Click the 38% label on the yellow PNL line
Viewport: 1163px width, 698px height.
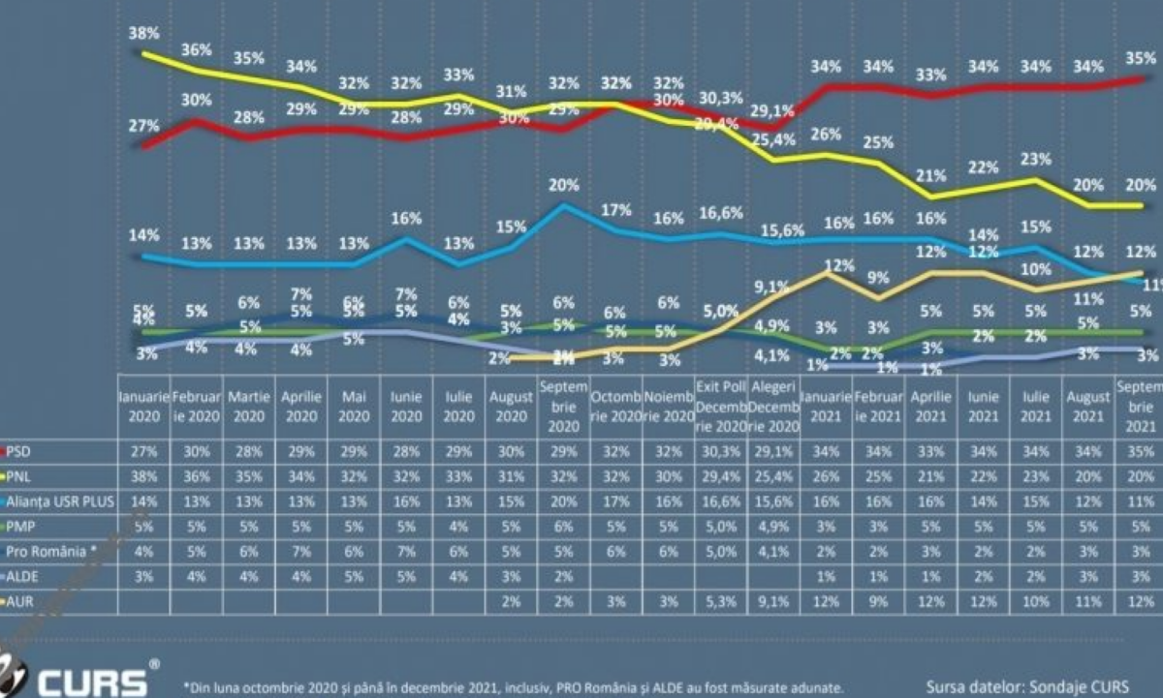coord(144,32)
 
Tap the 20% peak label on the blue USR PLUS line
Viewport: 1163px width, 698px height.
coord(563,186)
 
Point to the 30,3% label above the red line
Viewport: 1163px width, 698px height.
coord(719,98)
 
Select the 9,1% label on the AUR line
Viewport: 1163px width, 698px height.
coord(771,287)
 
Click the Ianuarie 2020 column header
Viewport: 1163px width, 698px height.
coord(144,406)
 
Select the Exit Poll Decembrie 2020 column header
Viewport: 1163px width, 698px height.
coord(719,406)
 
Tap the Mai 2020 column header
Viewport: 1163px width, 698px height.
coord(354,406)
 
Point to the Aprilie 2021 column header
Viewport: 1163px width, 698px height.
coord(931,406)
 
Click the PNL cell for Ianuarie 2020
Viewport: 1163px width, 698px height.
coord(144,475)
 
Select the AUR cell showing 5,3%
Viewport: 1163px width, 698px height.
coord(719,601)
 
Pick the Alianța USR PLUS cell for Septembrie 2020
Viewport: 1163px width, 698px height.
coord(563,501)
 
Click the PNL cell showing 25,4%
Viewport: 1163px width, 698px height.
coord(772,475)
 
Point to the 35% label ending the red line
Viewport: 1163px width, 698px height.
coord(1145,59)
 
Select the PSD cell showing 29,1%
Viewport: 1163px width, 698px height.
coord(772,450)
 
